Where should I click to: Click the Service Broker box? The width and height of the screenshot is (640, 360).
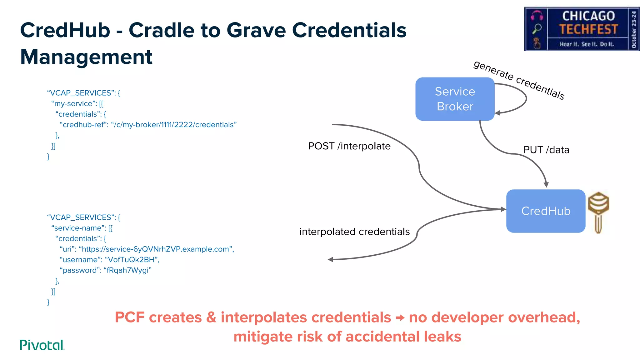455,99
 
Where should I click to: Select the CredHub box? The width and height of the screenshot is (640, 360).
546,211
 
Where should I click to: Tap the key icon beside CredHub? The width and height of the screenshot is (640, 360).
598,212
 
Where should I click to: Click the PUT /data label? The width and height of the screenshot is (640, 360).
546,150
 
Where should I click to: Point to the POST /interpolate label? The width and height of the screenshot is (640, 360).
349,146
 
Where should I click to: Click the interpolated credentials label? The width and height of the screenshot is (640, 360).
354,232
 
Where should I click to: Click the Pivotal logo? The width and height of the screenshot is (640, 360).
42,345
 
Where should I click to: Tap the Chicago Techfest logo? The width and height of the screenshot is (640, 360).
582,29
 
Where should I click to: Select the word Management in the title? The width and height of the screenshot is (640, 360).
86,57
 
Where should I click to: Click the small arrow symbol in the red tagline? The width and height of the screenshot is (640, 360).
400,318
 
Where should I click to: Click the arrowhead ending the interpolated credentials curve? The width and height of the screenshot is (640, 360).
330,259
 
